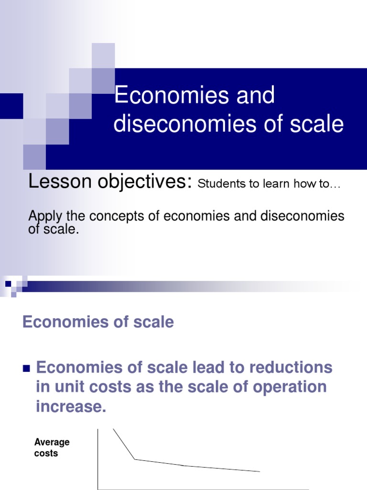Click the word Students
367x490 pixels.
pos(220,184)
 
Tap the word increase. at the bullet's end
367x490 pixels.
pos(70,407)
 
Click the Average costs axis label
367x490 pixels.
pos(52,447)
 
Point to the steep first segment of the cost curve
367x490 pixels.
pos(124,444)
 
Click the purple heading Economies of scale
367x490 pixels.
pos(98,322)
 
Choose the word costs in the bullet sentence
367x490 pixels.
pos(111,387)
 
